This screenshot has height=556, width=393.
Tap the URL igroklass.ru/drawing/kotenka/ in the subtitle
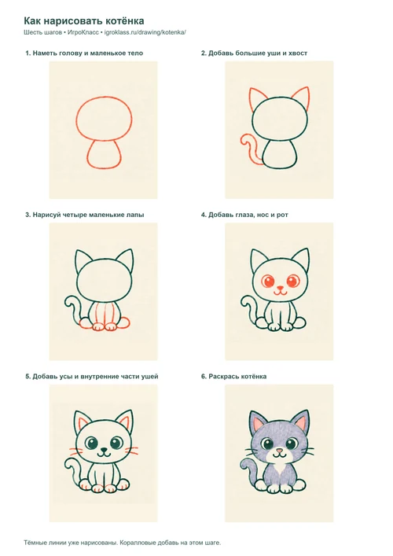[x=145, y=32]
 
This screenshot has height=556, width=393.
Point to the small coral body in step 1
[x=105, y=155]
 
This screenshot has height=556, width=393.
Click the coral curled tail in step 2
[x=249, y=149]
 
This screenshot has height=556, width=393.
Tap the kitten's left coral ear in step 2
[x=258, y=98]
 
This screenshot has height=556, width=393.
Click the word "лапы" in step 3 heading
[x=135, y=215]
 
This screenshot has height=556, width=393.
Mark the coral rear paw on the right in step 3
[x=123, y=322]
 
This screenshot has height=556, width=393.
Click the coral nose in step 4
[x=280, y=288]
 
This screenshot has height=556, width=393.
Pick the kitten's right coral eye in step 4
[x=293, y=282]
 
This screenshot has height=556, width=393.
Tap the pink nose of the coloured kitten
[x=280, y=451]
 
